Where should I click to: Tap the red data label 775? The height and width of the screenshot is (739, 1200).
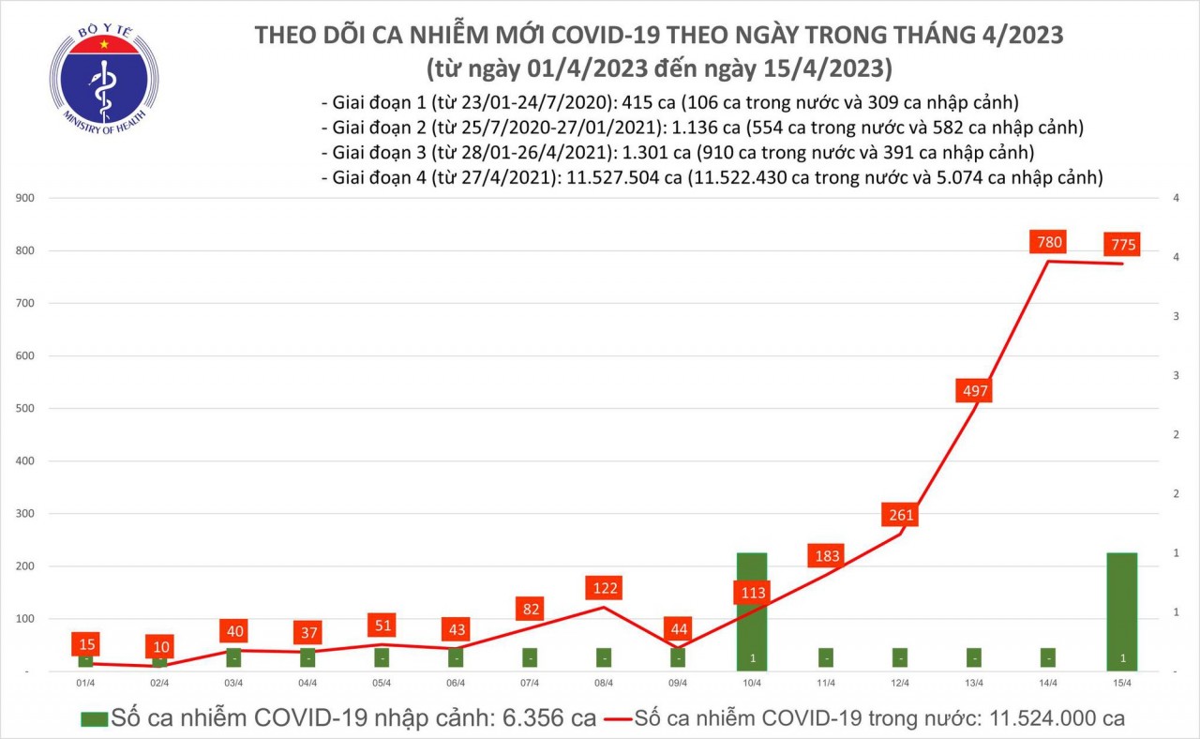(1121, 245)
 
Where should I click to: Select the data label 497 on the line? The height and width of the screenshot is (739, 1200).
(974, 391)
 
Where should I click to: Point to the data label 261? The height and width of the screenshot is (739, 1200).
(899, 515)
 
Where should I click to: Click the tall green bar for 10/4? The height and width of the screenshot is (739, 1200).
(752, 610)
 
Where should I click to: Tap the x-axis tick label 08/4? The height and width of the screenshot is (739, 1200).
(605, 684)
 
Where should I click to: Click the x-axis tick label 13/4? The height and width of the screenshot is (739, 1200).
(974, 684)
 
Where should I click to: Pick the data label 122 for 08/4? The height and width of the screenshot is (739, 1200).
(605, 589)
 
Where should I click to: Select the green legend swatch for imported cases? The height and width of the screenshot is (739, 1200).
(93, 719)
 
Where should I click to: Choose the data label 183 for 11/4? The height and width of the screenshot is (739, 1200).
(825, 556)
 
